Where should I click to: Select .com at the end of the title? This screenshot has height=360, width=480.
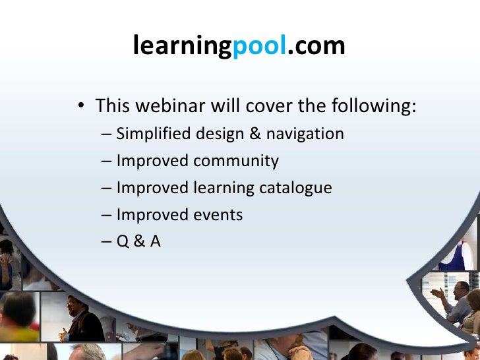click(316, 46)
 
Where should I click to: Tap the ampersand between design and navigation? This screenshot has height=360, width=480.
click(255, 134)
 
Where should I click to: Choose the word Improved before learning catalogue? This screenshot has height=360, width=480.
click(152, 188)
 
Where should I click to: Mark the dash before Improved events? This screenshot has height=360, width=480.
click(107, 215)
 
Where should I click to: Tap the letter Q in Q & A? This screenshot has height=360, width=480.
click(123, 242)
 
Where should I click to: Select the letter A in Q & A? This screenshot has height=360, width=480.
click(156, 242)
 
